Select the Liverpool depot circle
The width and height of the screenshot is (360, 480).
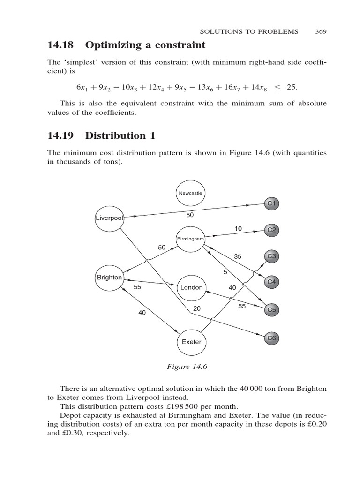pos(109,218)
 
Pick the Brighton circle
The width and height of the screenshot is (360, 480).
pos(109,277)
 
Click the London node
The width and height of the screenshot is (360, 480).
pos(191,287)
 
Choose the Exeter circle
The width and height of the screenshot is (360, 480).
pos(191,342)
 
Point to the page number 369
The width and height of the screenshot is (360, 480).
pos(321,31)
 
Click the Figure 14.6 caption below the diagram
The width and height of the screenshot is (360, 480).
pos(187,367)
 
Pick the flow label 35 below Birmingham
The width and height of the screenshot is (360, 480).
pos(238,256)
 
